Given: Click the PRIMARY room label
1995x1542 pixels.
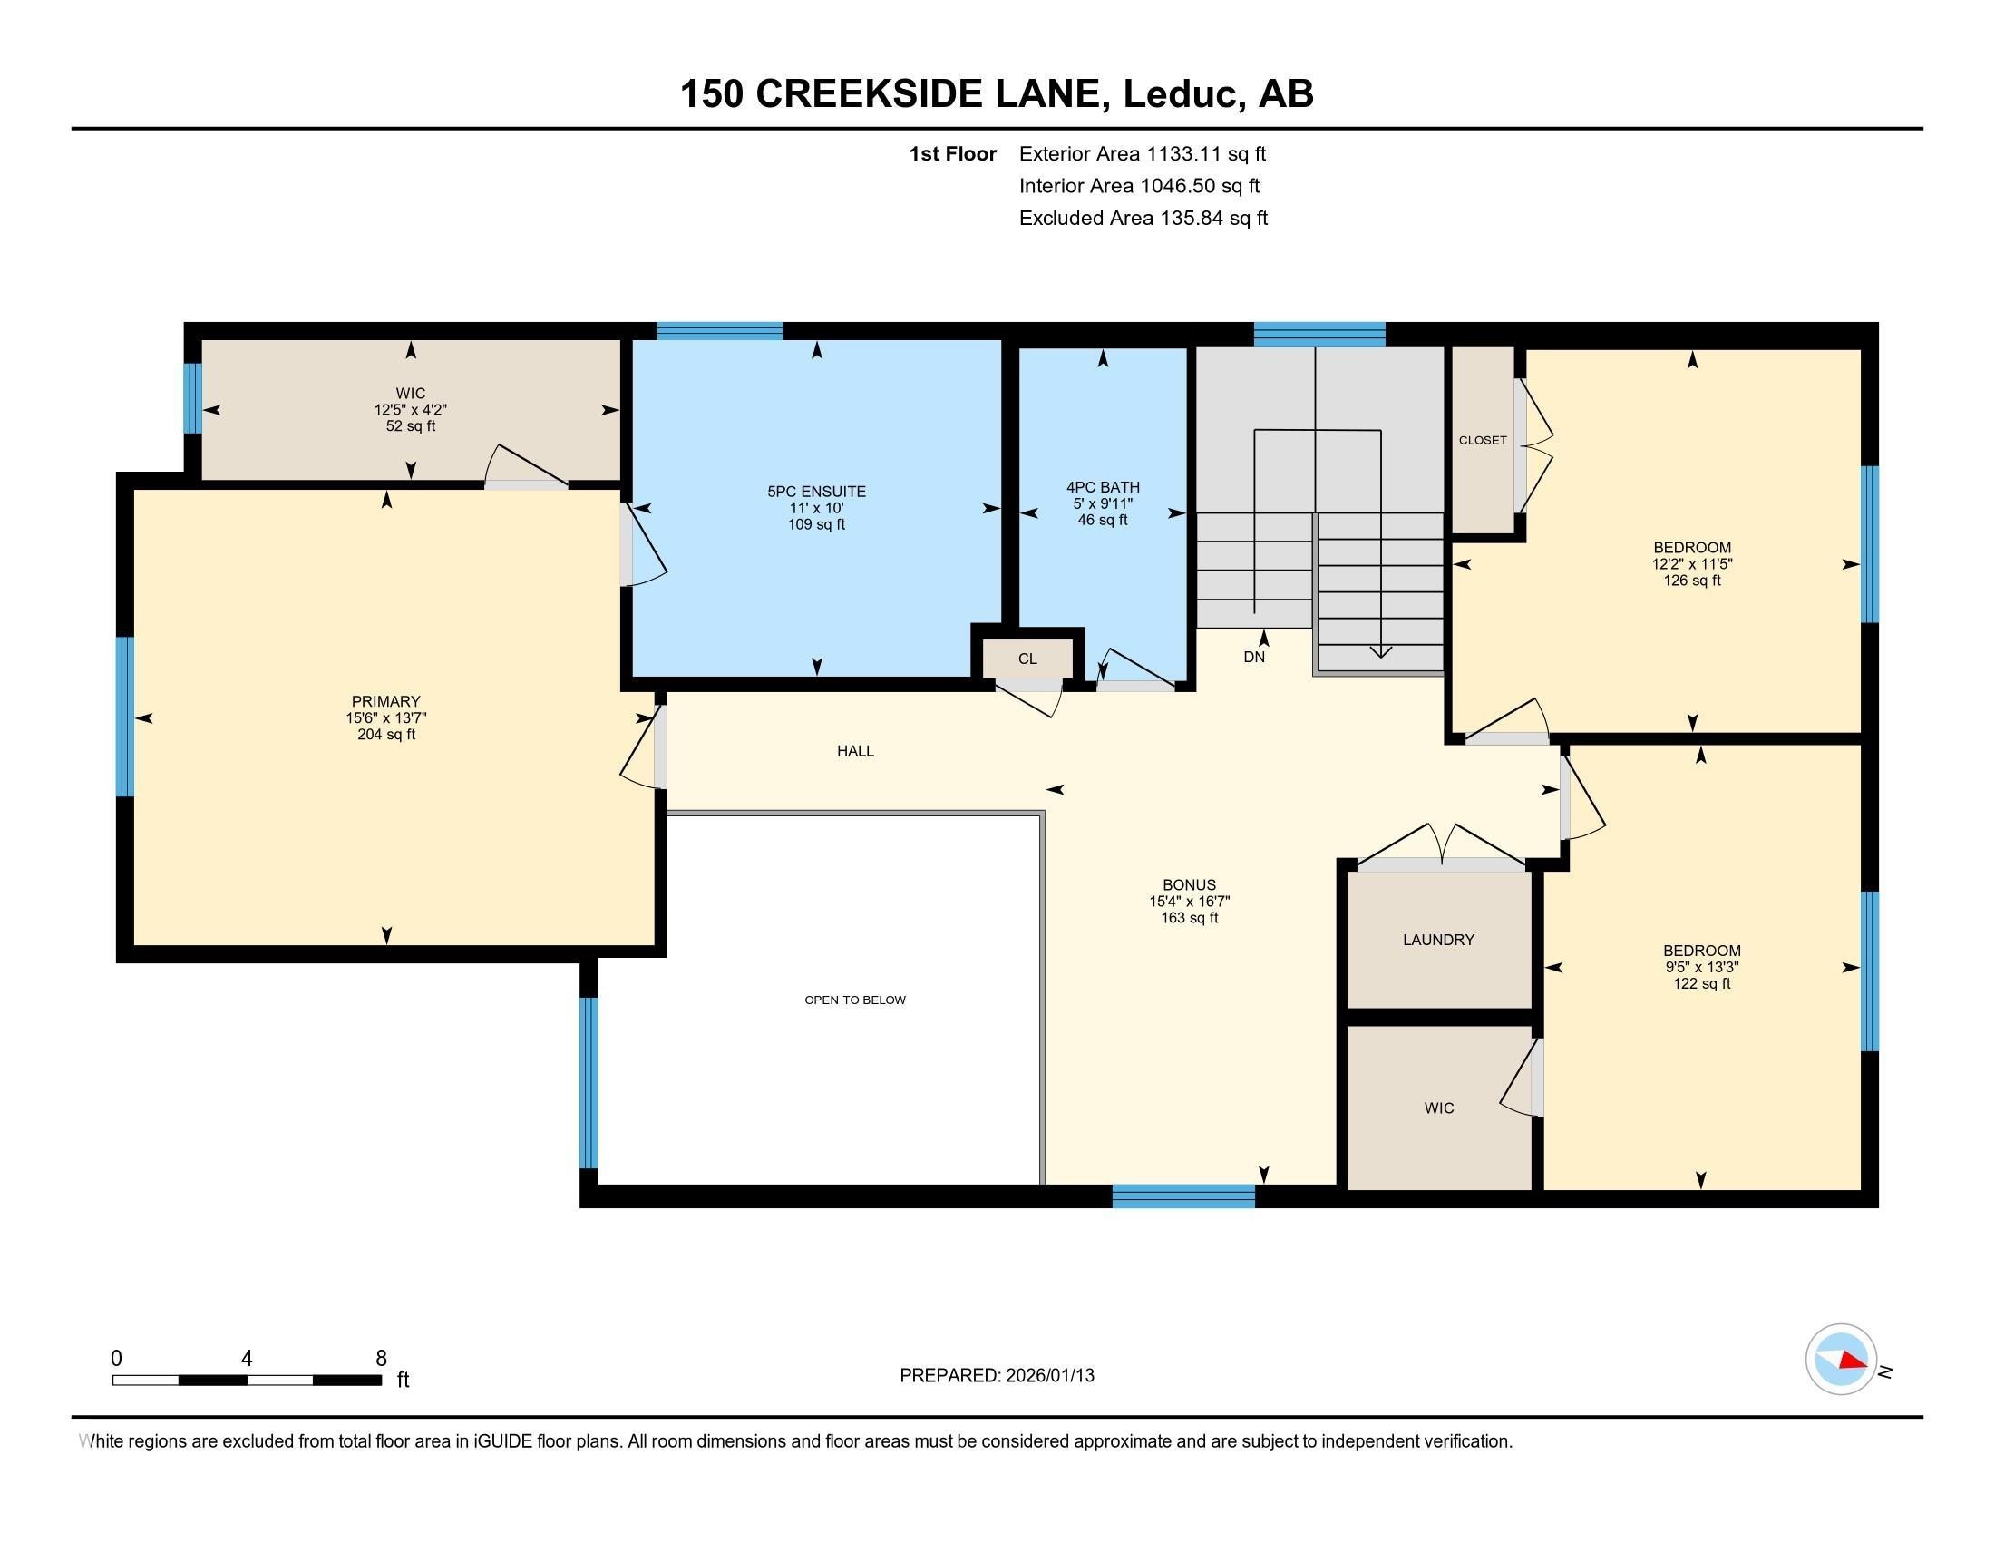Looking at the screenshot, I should [x=385, y=701].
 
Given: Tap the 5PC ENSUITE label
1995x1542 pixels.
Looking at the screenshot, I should [x=816, y=492].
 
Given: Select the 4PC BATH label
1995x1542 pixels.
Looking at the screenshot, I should [x=1103, y=488].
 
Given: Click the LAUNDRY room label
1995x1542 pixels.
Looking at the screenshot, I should [x=1438, y=940].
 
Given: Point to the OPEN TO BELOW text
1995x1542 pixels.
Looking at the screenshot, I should [x=855, y=1000].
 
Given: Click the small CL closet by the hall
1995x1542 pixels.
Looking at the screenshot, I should [x=1027, y=659].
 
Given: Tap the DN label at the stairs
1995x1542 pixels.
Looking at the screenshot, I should [x=1253, y=657].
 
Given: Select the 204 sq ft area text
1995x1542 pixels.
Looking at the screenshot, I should [x=385, y=735].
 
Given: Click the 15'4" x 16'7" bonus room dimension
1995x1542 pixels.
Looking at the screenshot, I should [x=1190, y=902].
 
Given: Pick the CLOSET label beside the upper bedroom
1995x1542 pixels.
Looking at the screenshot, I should [x=1482, y=440].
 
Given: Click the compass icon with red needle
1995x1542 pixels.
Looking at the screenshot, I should [x=1841, y=1359].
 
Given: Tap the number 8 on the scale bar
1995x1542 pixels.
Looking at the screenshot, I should [x=381, y=1359].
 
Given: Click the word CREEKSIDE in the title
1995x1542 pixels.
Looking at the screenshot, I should [x=927, y=94].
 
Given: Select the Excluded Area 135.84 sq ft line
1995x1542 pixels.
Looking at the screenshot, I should [x=1143, y=219].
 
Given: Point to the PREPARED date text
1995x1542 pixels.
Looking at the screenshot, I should [x=997, y=1376].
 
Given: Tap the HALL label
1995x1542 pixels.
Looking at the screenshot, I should [x=855, y=751].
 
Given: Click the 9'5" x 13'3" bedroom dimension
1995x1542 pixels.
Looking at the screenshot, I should [x=1701, y=968].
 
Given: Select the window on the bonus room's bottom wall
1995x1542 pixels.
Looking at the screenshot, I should [x=1182, y=1196].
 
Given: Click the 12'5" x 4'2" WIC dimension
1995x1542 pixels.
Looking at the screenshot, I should [x=410, y=410].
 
